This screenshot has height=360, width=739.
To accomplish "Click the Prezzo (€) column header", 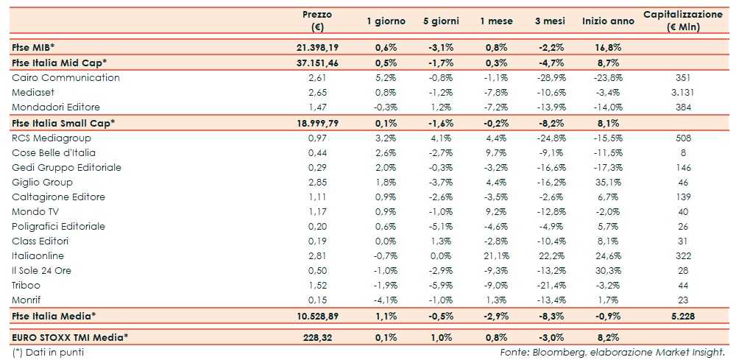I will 317,21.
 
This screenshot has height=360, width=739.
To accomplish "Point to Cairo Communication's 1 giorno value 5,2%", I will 386,77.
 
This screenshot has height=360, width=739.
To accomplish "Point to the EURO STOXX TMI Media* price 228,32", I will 317,337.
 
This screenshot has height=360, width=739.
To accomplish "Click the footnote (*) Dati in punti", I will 48,352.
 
